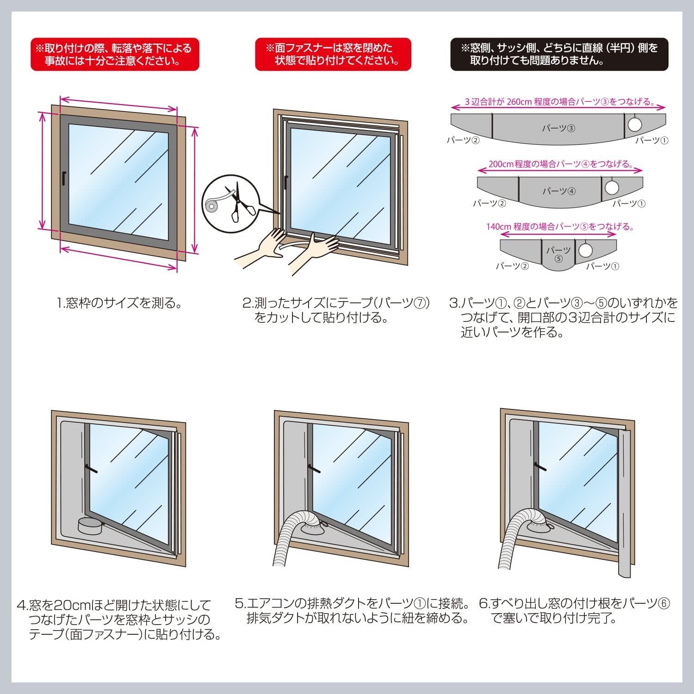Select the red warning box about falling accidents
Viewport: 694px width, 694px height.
click(115, 54)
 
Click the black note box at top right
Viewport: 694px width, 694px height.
click(559, 54)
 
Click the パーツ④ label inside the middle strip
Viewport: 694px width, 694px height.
click(559, 191)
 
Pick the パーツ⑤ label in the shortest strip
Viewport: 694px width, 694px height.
click(558, 254)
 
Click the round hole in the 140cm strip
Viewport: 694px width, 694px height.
click(586, 250)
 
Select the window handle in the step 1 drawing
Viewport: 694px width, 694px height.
click(63, 179)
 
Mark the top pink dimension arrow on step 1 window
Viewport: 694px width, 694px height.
click(118, 104)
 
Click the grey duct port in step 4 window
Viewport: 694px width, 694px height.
click(89, 526)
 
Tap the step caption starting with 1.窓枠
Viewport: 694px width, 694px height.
click(119, 304)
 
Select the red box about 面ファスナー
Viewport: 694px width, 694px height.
click(333, 54)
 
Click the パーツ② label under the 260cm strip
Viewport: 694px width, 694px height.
click(463, 140)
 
